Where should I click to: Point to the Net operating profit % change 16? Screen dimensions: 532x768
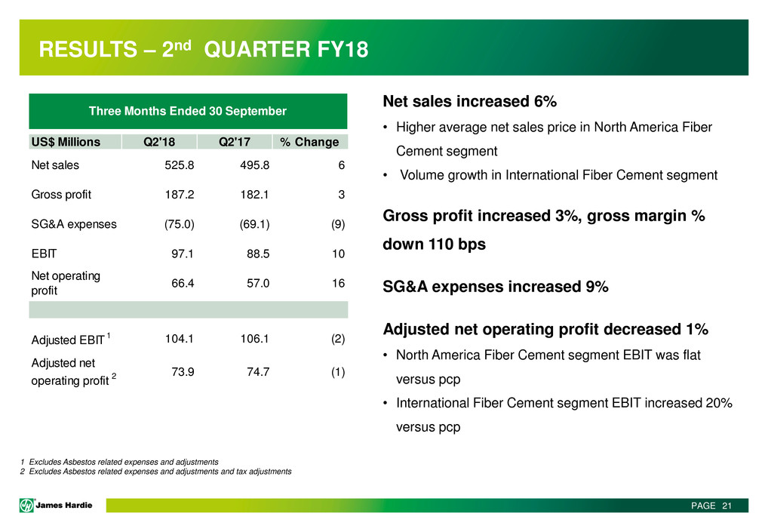339,283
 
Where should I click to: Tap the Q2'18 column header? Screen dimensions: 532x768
158,141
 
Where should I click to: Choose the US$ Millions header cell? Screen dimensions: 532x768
65,141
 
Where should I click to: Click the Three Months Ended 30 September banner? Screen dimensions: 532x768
188,111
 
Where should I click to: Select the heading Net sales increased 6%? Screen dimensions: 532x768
469,101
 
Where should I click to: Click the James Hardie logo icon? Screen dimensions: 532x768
28,506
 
